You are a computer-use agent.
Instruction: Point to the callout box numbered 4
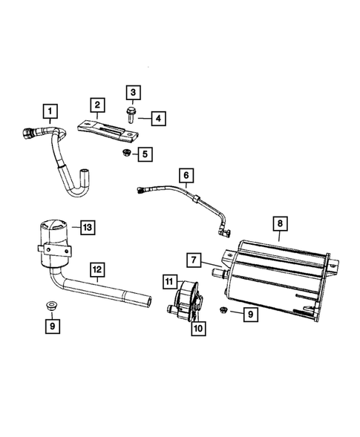(x=159, y=117)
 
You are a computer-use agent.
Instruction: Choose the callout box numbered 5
(x=145, y=154)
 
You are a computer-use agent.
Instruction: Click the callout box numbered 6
(x=187, y=176)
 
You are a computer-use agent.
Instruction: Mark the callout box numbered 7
(x=193, y=260)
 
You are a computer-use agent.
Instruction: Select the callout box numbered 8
(x=279, y=222)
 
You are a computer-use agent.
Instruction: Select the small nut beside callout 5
(x=125, y=153)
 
